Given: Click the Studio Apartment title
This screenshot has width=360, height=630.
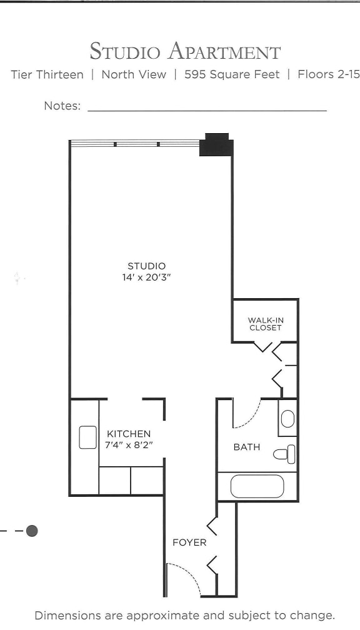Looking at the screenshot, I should (185, 51).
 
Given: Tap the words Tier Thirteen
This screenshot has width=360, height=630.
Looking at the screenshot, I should (47, 75).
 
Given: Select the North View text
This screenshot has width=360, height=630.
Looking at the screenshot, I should (134, 75).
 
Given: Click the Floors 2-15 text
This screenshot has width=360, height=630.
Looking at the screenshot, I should (328, 75).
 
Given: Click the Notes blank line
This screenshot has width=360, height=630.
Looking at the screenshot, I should (207, 109).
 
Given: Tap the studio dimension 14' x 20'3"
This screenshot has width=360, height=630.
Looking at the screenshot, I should (147, 277).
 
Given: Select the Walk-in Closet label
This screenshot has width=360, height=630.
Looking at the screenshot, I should (266, 324).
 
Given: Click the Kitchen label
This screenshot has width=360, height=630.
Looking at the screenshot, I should (129, 434).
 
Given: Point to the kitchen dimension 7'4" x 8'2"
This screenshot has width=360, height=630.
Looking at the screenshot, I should (129, 445).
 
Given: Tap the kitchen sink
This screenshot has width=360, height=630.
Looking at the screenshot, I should (87, 437).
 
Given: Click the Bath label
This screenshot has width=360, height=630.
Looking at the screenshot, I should (247, 447).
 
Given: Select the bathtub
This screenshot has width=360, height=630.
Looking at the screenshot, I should (257, 486).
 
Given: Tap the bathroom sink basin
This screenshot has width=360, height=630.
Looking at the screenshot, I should (287, 418).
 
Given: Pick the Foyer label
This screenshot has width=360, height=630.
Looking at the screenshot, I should (189, 542).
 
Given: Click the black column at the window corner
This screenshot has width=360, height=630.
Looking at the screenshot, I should (216, 145).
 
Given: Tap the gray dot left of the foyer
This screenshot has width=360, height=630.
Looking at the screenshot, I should (32, 531).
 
